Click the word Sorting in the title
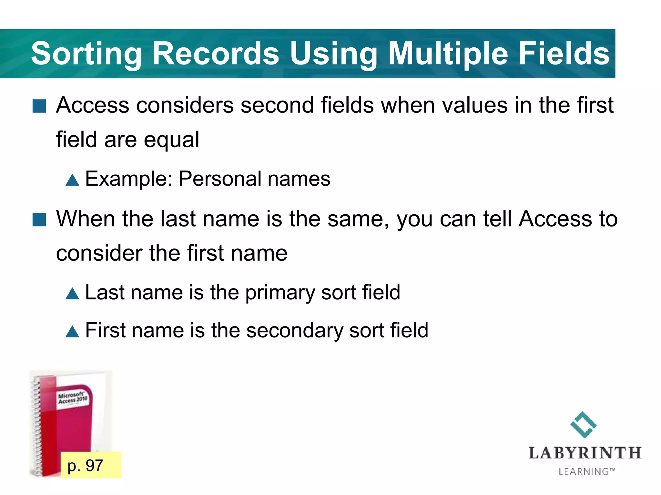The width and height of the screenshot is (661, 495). click(x=86, y=54)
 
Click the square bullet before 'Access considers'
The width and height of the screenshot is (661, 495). click(x=39, y=106)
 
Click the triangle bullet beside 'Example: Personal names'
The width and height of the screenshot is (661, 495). click(x=72, y=180)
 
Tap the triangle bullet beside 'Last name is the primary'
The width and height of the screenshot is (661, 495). click(x=72, y=294)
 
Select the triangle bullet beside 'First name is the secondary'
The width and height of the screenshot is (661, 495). click(x=72, y=331)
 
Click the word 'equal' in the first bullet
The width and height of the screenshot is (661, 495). click(x=171, y=140)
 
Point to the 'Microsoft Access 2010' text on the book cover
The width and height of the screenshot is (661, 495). click(x=73, y=398)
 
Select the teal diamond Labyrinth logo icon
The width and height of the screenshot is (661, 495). click(x=583, y=424)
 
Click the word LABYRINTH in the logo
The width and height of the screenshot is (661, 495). click(x=585, y=453)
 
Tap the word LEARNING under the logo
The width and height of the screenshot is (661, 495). click(x=584, y=472)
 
